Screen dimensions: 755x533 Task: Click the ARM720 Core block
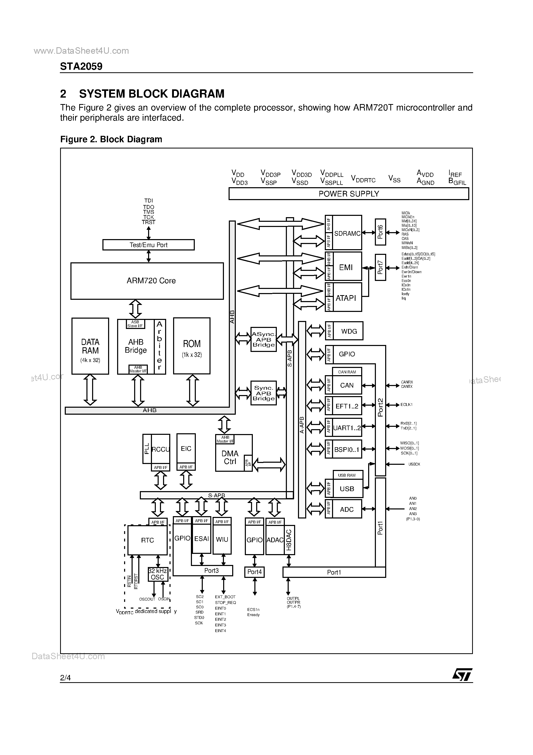[x=147, y=281]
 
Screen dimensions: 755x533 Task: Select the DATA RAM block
[x=90, y=346]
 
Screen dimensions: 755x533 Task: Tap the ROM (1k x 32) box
[x=192, y=346]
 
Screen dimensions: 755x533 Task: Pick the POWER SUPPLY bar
[x=348, y=194]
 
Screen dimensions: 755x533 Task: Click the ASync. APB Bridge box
[x=263, y=339]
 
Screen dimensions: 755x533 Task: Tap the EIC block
[x=186, y=449]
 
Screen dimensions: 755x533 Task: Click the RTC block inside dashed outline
[x=147, y=540]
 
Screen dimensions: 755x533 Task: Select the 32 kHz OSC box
[x=158, y=574]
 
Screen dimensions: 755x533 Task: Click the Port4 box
[x=254, y=572]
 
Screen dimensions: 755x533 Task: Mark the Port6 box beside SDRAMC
[x=380, y=232]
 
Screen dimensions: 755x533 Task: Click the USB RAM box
[x=347, y=475]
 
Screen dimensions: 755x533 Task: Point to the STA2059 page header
[x=81, y=66]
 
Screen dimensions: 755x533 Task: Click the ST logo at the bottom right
[x=462, y=675]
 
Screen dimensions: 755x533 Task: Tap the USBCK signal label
[x=414, y=464]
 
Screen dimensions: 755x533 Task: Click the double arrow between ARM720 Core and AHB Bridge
[x=135, y=309]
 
